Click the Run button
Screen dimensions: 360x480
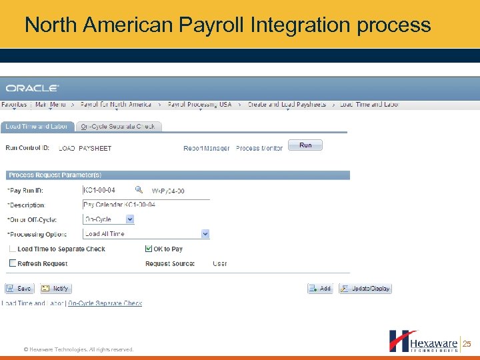pyautogui.click(x=305, y=145)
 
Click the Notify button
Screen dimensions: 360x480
pyautogui.click(x=55, y=289)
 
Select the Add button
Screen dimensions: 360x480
pyautogui.click(x=320, y=289)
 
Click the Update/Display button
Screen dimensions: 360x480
pyautogui.click(x=365, y=289)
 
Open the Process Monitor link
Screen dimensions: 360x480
pyautogui.click(x=259, y=148)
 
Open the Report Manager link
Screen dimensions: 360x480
pyautogui.click(x=207, y=148)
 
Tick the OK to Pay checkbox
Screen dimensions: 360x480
pyautogui.click(x=149, y=249)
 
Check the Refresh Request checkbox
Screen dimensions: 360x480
pyautogui.click(x=13, y=263)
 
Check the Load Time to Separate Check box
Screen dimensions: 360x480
pyautogui.click(x=13, y=249)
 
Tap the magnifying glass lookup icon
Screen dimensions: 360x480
pyautogui.click(x=139, y=190)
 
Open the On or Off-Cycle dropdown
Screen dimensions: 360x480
pyautogui.click(x=130, y=219)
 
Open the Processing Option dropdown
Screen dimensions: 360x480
pyautogui.click(x=205, y=233)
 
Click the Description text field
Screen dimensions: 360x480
pyautogui.click(x=137, y=205)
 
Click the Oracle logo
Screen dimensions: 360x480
pyautogui.click(x=33, y=88)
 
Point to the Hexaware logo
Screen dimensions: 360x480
pyautogui.click(x=423, y=341)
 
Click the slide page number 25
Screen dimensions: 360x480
pyautogui.click(x=467, y=344)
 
